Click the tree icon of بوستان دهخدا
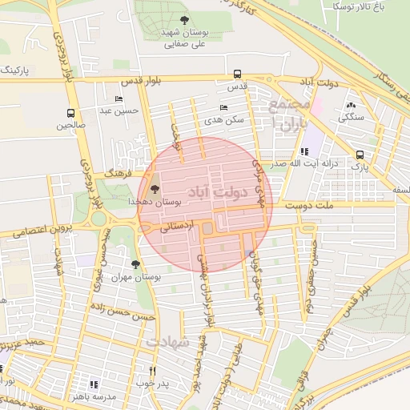(154, 190)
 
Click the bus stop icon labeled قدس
(236, 73)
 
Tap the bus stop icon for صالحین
(70, 113)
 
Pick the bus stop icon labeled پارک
(360, 155)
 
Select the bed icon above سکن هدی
(223, 107)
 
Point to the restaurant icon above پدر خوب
(153, 371)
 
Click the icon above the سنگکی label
(350, 104)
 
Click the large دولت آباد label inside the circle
(211, 192)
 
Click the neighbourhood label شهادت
(169, 341)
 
